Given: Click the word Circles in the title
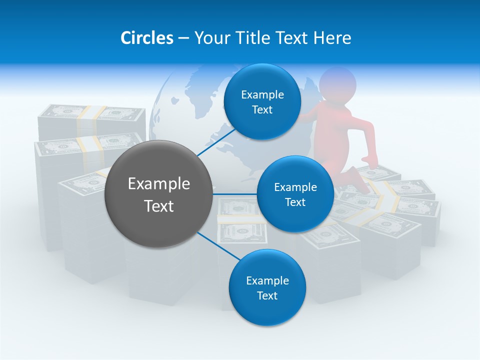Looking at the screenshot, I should click(x=146, y=38).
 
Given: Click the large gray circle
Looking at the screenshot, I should click(x=159, y=194).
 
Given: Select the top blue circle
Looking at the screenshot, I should click(x=262, y=102).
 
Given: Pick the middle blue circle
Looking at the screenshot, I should click(x=295, y=194).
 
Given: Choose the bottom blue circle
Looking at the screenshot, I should click(x=267, y=287).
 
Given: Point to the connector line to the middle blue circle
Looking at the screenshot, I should click(x=235, y=194).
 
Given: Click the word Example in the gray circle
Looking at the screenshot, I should click(x=159, y=184).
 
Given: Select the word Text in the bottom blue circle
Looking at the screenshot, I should click(x=267, y=295).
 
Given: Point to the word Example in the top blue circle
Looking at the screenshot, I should click(x=262, y=94).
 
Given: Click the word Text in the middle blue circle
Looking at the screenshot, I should click(x=295, y=202).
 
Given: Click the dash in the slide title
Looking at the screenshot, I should click(x=183, y=38).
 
